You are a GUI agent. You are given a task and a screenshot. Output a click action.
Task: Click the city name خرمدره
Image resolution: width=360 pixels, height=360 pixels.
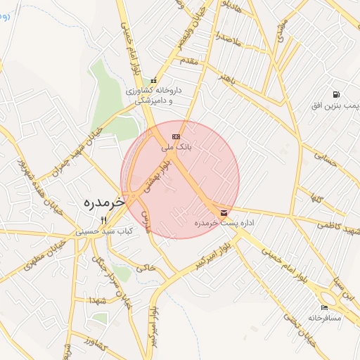[103, 202]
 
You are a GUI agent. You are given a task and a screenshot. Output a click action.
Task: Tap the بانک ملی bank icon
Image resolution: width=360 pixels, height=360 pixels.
[175, 136]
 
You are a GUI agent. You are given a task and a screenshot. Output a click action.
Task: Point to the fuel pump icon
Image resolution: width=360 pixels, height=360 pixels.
[336, 94]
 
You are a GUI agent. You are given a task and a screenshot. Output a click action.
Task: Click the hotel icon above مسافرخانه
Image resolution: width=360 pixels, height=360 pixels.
[323, 307]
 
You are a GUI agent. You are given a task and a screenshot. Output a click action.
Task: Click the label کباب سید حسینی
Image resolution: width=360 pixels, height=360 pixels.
[104, 231]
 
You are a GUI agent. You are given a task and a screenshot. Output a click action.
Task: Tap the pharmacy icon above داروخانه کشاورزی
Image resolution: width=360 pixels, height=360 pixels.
[153, 81]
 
